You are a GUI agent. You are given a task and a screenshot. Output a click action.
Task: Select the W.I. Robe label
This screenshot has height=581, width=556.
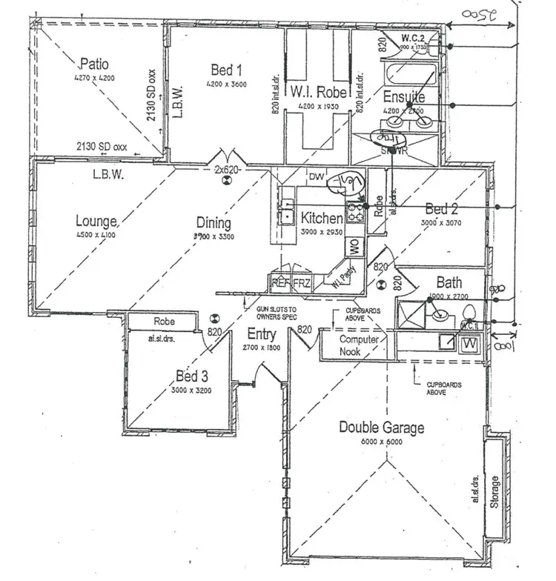(x=320, y=93)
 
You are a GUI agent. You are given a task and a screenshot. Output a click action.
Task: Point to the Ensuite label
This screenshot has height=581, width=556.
(x=404, y=97)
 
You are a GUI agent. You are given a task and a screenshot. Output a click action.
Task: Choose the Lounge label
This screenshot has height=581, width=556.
(x=96, y=220)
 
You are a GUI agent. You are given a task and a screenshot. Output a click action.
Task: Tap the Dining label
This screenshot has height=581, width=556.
(x=214, y=222)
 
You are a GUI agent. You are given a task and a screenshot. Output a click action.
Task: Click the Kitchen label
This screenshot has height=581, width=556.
(x=321, y=218)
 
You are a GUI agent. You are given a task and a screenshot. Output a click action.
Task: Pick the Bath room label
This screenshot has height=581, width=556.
(x=449, y=282)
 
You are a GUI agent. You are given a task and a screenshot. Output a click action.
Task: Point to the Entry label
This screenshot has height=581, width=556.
(x=262, y=334)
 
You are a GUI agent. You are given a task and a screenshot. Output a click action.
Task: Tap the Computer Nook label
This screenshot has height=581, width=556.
(x=360, y=345)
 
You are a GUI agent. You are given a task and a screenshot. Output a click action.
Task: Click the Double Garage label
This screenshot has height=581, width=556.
(x=382, y=427)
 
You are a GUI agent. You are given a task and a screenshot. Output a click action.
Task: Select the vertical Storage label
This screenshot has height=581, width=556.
(x=494, y=489)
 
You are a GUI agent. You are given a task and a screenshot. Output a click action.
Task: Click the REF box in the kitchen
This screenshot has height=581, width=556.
(x=280, y=283)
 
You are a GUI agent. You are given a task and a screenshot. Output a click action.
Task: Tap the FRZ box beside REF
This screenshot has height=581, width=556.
(x=302, y=283)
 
